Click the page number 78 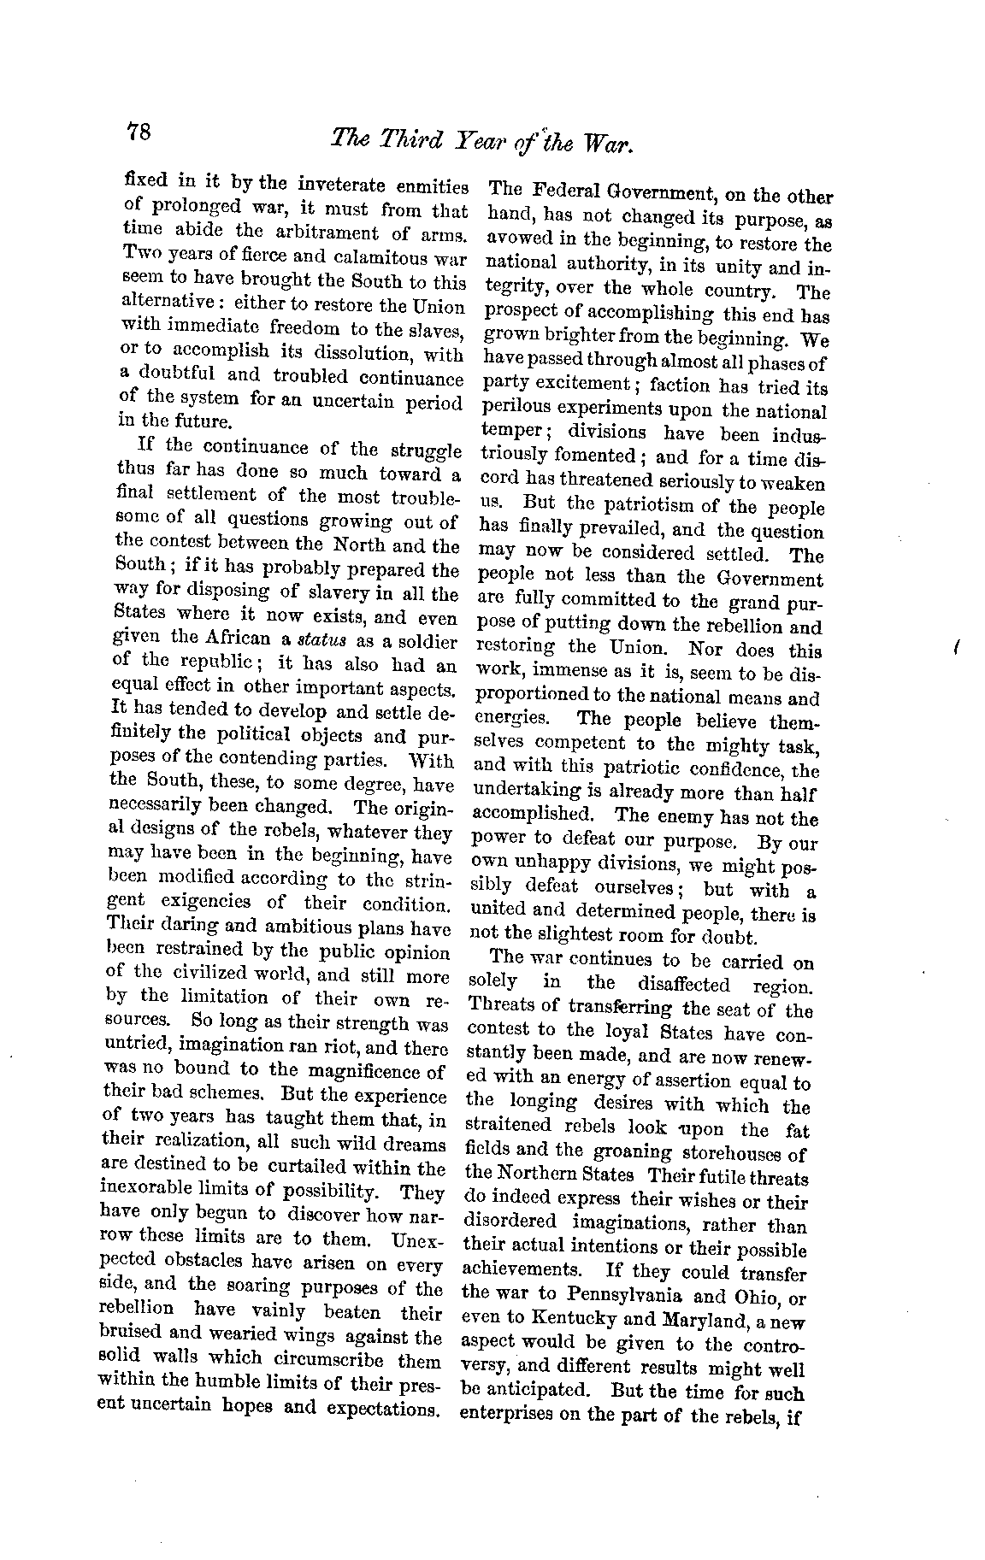(139, 133)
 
